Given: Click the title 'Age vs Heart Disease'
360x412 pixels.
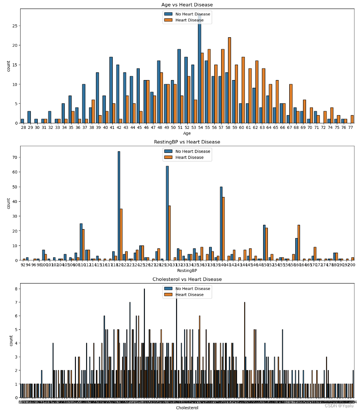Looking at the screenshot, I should tap(187, 5).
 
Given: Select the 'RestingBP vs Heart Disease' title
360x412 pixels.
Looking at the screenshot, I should tap(187, 142).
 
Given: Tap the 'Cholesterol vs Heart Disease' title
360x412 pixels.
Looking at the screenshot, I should tap(187, 279).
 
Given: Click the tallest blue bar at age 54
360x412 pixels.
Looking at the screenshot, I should tap(199, 69).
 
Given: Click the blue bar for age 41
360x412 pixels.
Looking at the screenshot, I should tap(111, 90).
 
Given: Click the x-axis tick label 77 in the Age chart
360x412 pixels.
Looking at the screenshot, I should tap(352, 128).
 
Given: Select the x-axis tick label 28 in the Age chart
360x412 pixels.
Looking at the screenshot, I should tap(22, 128).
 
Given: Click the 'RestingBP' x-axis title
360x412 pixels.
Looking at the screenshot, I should tap(187, 271).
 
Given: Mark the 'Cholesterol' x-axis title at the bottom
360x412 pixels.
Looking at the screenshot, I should tap(187, 408).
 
